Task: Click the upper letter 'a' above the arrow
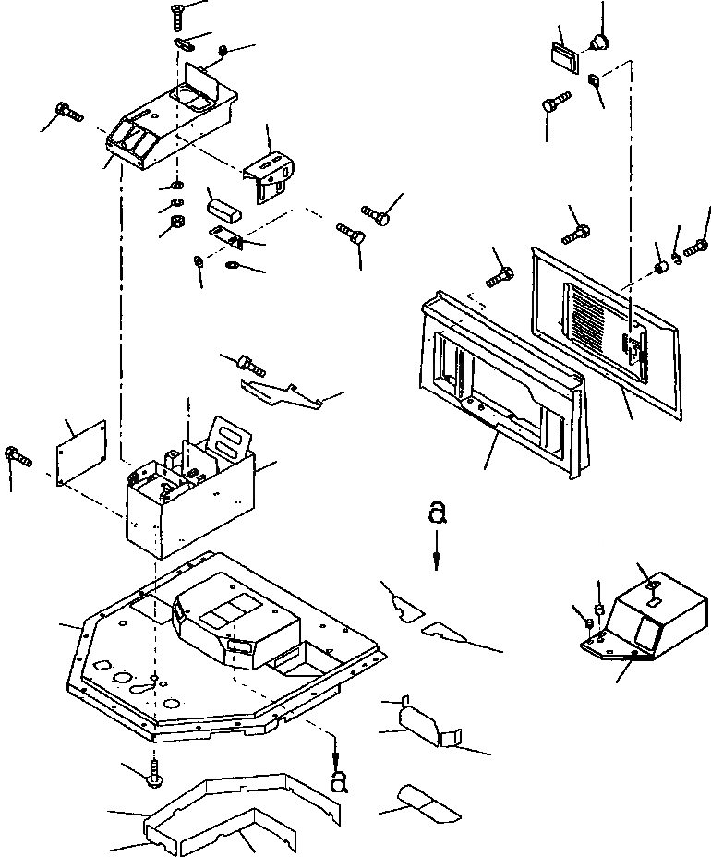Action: [x=438, y=513]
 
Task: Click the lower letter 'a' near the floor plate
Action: [x=338, y=781]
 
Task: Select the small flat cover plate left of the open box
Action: [x=79, y=452]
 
